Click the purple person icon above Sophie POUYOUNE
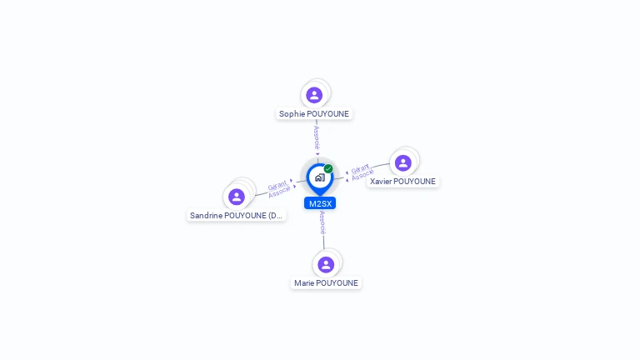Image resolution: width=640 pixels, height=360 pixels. [314, 95]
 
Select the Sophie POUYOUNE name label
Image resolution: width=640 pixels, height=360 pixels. [314, 114]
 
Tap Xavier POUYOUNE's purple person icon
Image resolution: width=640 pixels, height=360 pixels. [403, 162]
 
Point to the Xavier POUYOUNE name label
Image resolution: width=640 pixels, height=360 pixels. [402, 182]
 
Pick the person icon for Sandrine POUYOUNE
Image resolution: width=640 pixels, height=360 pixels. [237, 197]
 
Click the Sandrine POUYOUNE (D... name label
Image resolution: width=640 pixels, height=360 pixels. [236, 216]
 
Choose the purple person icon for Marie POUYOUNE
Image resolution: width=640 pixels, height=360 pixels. [326, 264]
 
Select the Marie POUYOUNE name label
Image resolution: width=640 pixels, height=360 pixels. [326, 283]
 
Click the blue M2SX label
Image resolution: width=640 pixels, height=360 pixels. [320, 203]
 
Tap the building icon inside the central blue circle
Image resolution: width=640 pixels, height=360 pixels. [319, 177]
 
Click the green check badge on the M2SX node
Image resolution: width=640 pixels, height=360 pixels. [328, 168]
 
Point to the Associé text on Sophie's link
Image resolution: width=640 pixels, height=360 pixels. [317, 137]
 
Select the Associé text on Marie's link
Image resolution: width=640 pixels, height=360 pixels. [322, 222]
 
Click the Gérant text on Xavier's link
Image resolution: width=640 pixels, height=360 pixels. [360, 168]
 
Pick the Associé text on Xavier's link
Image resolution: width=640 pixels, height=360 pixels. [362, 176]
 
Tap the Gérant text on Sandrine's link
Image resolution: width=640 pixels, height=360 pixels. [277, 186]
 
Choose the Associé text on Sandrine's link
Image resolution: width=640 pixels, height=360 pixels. [279, 192]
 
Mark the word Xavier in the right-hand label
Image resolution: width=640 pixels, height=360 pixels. [381, 182]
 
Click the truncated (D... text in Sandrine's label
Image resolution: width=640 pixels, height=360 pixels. [276, 216]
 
